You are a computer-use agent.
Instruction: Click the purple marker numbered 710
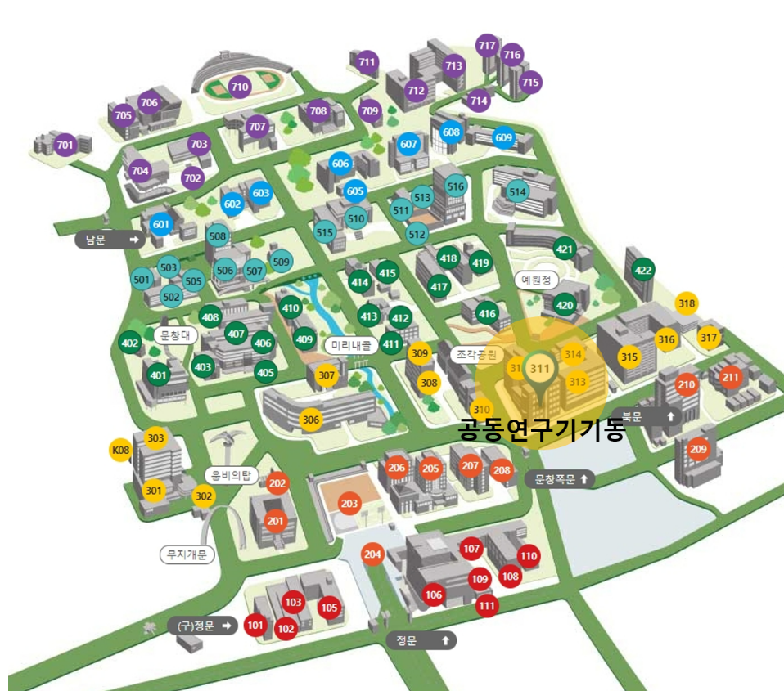240,86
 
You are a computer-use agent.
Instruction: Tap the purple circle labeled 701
65,146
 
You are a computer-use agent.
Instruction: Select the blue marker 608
452,132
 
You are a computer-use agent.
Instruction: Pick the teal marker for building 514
517,192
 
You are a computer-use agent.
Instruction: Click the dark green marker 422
643,271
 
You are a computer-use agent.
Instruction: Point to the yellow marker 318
687,304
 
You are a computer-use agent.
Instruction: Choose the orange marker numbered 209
698,449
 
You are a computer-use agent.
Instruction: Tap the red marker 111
487,606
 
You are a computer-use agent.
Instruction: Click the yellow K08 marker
120,451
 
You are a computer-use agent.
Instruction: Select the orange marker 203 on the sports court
350,504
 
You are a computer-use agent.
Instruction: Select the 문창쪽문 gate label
561,479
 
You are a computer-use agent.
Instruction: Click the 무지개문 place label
186,555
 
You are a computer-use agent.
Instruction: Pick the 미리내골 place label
351,346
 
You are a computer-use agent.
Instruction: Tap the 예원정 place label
536,280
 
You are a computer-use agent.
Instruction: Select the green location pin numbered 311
539,368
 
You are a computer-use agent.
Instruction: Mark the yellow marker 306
311,420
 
